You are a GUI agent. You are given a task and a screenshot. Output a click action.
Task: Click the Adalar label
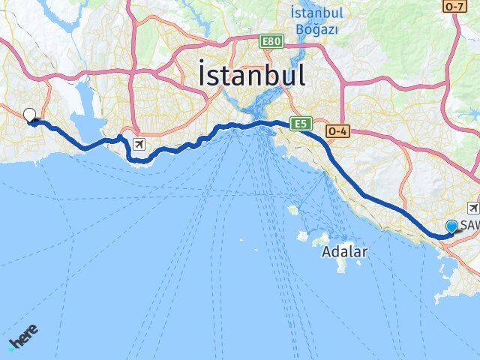[343, 252]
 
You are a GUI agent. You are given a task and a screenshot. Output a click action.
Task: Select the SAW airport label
[469, 226]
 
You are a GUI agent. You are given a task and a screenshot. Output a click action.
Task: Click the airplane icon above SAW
[473, 207]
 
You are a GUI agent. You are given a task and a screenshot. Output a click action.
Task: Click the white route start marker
[30, 115]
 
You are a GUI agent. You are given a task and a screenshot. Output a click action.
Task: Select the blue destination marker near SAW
[451, 226]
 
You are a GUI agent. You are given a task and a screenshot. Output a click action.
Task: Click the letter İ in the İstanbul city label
[204, 76]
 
